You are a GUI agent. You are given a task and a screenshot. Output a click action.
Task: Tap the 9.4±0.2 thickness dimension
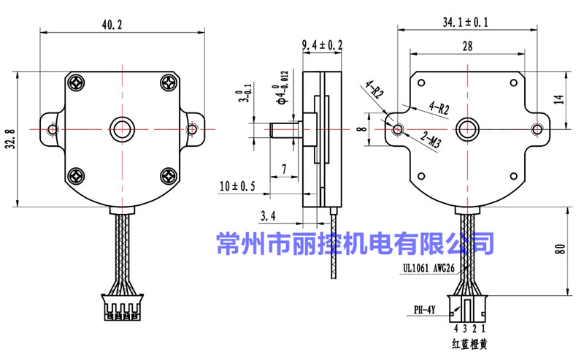click(x=322, y=45)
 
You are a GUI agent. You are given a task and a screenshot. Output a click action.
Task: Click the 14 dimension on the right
click(x=559, y=100)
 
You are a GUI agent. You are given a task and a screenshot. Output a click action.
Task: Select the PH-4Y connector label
click(x=425, y=310)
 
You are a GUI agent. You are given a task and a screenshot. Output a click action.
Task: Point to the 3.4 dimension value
click(x=269, y=215)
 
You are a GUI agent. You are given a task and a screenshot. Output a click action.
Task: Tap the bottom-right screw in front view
click(x=168, y=175)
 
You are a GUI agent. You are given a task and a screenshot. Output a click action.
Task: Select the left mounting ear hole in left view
click(x=53, y=129)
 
